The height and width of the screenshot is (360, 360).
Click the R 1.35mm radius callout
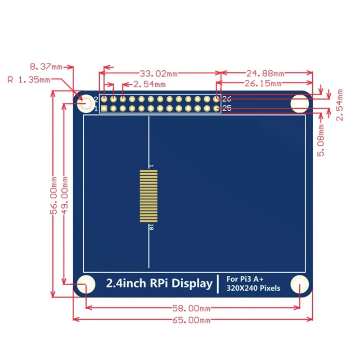(x=29, y=80)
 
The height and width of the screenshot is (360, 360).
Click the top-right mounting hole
(x=300, y=103)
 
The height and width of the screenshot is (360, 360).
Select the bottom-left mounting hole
(x=85, y=284)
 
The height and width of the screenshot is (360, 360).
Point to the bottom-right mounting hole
(x=300, y=284)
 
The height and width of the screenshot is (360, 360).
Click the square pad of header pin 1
(x=104, y=108)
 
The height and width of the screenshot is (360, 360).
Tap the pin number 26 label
(x=226, y=99)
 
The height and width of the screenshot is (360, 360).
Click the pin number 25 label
(x=226, y=108)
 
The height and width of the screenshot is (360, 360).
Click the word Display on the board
(x=193, y=283)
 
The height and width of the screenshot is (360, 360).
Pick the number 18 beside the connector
(x=151, y=228)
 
